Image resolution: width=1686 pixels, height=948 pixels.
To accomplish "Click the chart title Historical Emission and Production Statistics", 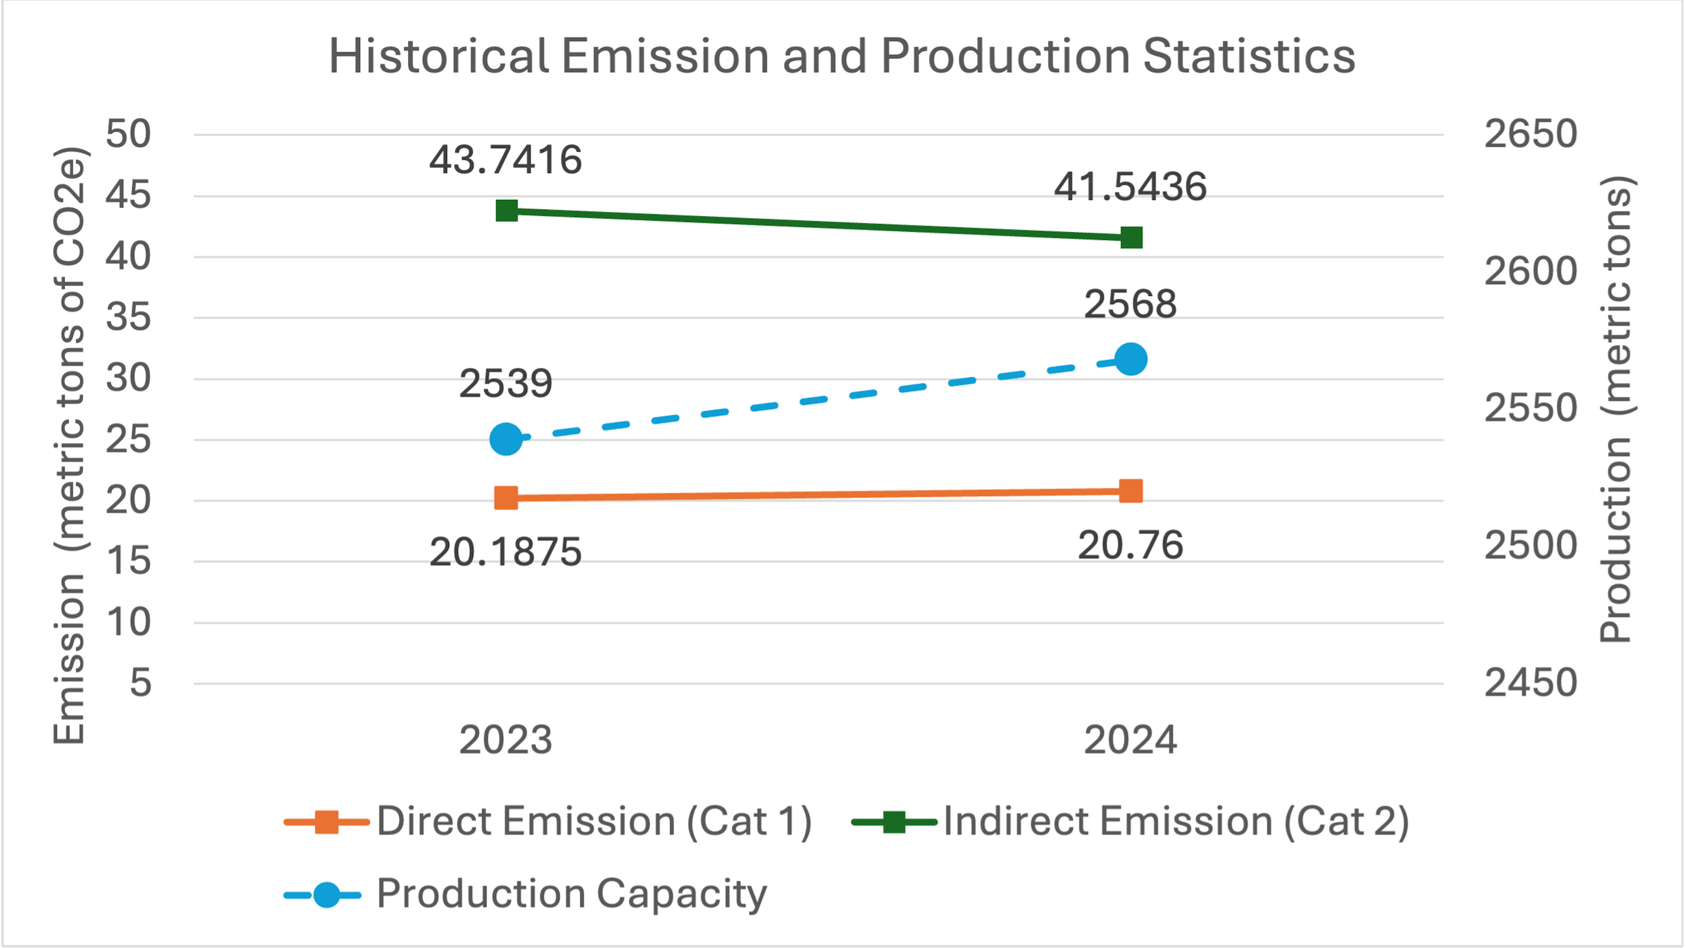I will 842,56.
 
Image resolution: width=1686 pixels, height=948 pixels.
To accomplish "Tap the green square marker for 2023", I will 507,211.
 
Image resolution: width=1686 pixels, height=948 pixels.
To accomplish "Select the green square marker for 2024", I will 1131,237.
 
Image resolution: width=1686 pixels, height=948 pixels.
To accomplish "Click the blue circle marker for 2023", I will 506,439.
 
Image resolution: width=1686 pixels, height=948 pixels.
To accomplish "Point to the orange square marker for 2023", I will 506,498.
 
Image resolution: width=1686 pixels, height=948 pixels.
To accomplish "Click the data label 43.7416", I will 505,160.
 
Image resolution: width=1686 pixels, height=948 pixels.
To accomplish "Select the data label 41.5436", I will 1130,187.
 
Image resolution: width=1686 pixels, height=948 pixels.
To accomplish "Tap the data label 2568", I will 1130,304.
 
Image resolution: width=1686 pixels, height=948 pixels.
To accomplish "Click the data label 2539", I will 505,384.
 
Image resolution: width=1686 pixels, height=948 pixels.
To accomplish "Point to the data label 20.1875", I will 505,552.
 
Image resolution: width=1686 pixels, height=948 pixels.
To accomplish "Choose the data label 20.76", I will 1130,545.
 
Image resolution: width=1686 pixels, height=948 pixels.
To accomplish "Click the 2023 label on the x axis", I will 505,740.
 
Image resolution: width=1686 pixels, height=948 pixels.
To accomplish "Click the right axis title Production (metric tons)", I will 1615,409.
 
